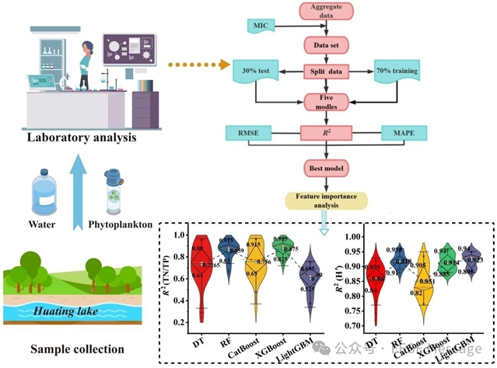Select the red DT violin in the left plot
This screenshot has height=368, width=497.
click(x=202, y=276)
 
